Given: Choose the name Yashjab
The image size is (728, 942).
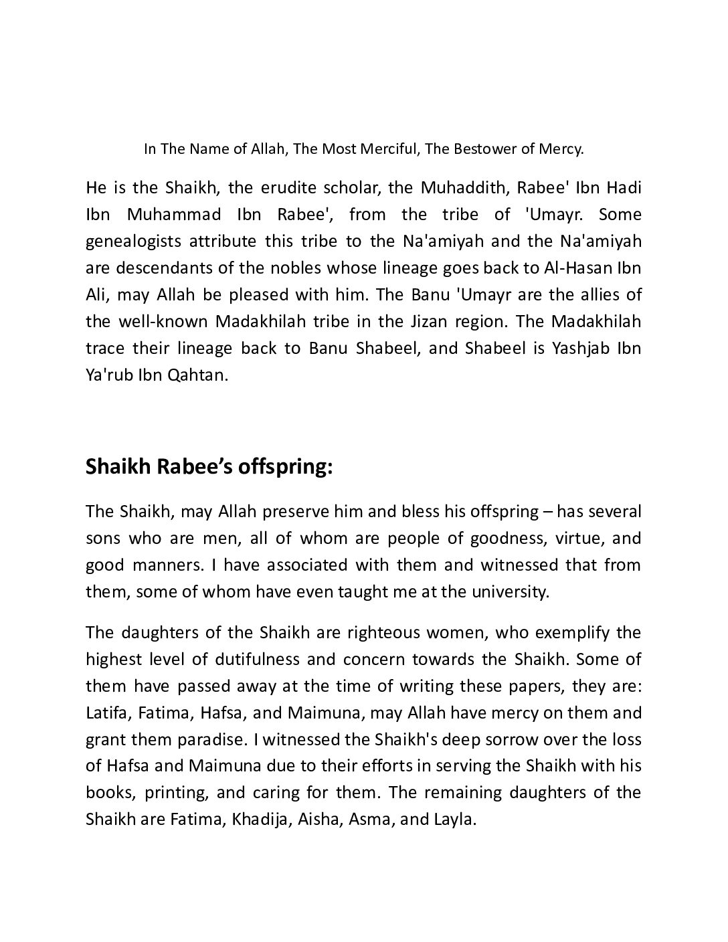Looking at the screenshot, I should point(574,348).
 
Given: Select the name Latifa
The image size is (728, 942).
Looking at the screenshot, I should point(108,713).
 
